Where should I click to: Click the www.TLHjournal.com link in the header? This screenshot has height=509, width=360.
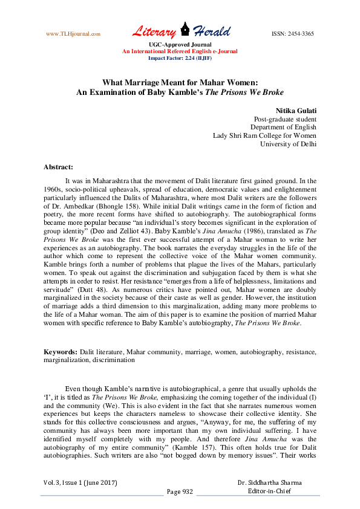pos(73,34)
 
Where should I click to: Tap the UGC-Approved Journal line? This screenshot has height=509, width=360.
pos(180,45)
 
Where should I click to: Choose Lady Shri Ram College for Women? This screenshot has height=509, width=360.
pos(264,135)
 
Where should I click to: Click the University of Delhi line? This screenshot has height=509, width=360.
pos(288,144)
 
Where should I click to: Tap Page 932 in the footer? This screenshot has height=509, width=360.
pos(180,491)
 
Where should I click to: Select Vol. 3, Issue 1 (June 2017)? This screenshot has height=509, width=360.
pos(80,483)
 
